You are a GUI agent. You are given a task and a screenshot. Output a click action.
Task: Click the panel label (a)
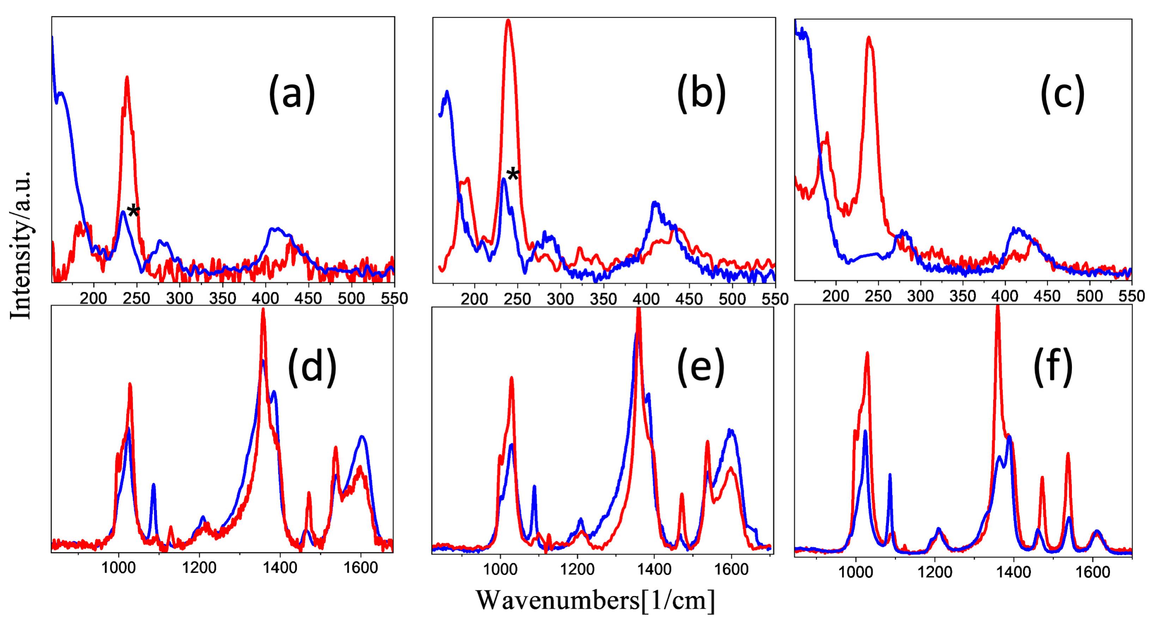(x=292, y=94)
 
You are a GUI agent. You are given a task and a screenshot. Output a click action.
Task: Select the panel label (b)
(x=701, y=94)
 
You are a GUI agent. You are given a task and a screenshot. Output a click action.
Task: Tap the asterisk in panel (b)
(x=513, y=174)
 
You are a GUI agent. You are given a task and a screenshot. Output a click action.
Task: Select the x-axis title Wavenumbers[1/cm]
(x=596, y=600)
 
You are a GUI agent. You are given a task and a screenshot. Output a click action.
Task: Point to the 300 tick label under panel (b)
(x=560, y=299)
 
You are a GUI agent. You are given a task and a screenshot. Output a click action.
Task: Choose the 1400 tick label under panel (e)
(x=654, y=569)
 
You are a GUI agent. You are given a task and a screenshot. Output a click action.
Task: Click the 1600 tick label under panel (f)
(x=1093, y=572)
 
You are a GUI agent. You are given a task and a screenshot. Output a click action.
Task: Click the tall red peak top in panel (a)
(x=127, y=78)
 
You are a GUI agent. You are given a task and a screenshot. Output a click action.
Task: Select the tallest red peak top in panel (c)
(x=869, y=38)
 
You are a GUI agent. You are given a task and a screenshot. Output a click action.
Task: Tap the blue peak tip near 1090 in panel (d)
(x=154, y=485)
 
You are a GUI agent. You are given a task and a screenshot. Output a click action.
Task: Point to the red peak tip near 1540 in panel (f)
(x=1068, y=454)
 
